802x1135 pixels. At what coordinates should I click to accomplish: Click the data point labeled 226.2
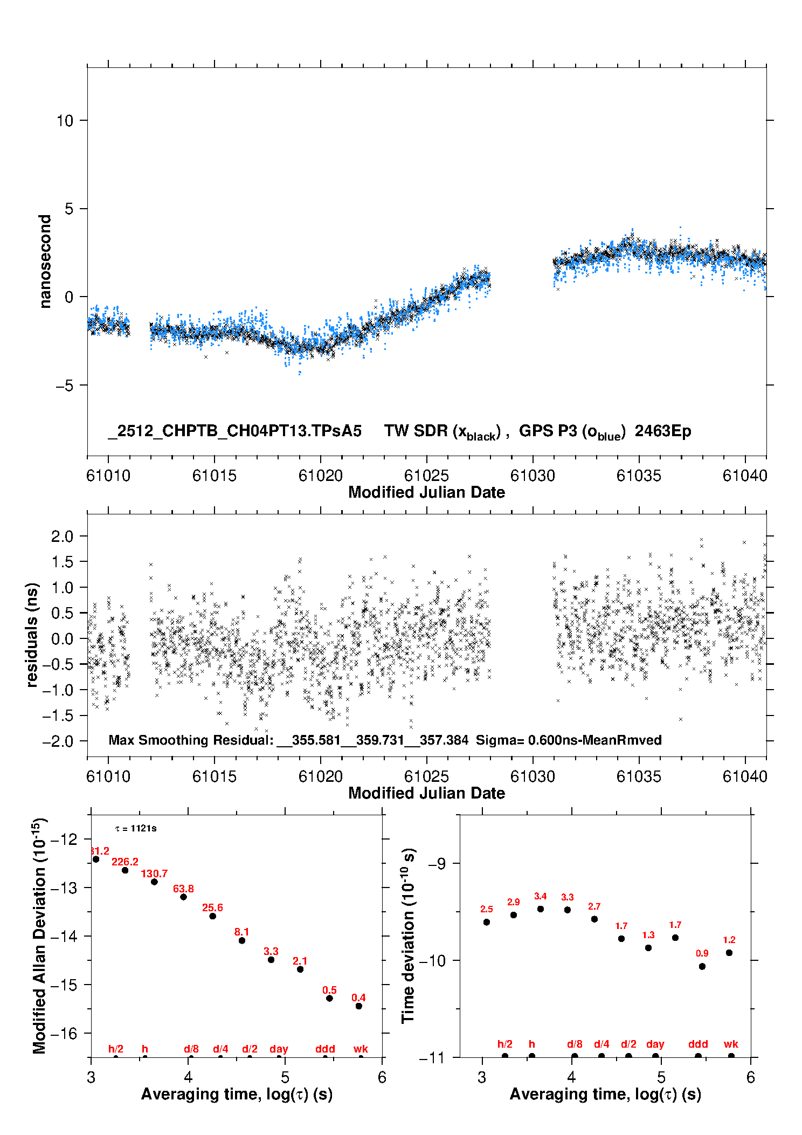(125, 870)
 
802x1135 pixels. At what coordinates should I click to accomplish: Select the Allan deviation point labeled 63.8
(183, 897)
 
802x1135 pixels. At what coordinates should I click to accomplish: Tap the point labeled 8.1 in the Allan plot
(242, 940)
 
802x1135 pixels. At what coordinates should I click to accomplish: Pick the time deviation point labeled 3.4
(541, 909)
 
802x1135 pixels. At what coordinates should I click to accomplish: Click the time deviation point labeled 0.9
(702, 966)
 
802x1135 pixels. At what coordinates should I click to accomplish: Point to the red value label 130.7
(154, 873)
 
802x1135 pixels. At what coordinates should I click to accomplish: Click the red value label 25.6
(212, 907)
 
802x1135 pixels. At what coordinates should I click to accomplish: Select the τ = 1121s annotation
(136, 828)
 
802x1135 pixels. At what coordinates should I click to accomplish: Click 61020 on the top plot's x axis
(321, 476)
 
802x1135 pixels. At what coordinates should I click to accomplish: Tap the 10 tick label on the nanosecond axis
(65, 121)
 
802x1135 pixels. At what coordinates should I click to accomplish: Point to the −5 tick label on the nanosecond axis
(65, 386)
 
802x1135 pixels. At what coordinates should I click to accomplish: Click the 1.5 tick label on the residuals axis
(62, 562)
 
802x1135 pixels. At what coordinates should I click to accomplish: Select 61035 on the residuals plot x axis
(639, 776)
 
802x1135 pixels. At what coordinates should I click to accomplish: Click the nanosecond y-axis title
(45, 262)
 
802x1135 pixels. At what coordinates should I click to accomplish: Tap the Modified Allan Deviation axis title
(40, 935)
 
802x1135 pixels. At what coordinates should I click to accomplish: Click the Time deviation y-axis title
(409, 935)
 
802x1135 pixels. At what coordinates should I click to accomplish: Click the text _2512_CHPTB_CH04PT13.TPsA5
(234, 431)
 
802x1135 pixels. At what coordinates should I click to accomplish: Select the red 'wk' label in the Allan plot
(361, 1049)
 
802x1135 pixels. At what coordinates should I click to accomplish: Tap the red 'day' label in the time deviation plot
(655, 1044)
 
